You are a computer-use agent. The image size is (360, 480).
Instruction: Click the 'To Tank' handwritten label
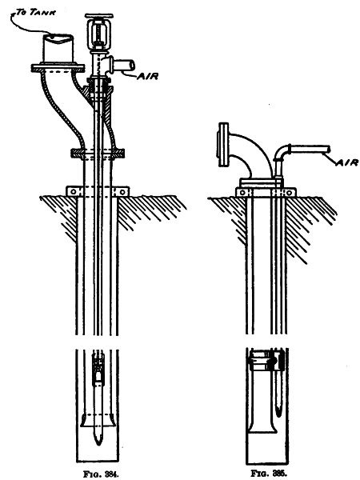pos(36,12)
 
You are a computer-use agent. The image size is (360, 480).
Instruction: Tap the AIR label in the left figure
pos(147,76)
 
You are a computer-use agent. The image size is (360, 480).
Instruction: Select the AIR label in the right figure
pos(347,162)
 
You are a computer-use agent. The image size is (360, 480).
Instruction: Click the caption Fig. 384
pos(101,474)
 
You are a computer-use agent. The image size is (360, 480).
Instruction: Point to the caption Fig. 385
pos(269,474)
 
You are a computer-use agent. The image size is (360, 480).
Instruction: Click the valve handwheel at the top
pos(99,16)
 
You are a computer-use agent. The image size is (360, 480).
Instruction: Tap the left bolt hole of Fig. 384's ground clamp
pos(73,192)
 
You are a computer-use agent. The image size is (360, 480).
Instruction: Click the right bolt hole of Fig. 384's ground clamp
pos(122,192)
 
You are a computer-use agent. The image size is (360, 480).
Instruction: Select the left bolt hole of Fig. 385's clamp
pos(242,193)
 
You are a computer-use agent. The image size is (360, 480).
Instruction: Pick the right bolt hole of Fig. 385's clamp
pos(289,193)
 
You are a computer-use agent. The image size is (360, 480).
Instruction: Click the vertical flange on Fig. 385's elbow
pos(223,145)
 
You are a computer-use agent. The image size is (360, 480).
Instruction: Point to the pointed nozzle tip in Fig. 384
pos(98,443)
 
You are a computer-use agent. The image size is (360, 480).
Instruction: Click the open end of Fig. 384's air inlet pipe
pos(132,66)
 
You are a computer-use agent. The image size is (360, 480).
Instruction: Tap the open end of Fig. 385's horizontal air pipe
pos(329,150)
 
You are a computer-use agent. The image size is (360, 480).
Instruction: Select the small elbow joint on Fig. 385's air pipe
pos(282,152)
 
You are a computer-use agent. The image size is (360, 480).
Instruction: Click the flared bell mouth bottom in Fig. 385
pos(263,430)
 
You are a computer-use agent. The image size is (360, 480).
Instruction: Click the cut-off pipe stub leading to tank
pos(58,48)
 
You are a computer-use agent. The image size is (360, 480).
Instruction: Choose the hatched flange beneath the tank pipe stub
pos(58,68)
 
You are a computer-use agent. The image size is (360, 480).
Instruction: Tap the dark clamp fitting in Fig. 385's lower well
pos(266,361)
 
